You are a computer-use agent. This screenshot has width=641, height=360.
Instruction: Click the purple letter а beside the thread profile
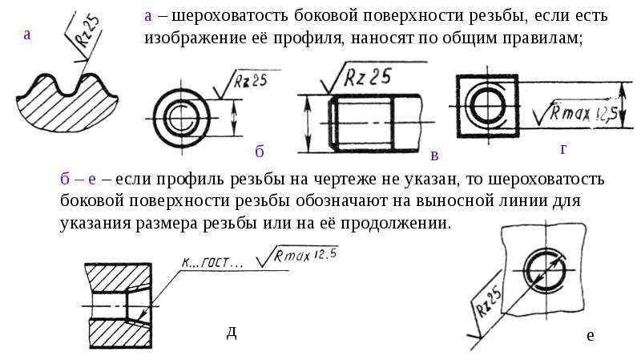pos(28,34)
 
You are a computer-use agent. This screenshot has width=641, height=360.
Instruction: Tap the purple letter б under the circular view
pos(260,151)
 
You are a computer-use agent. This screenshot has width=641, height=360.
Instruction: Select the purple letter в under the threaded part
pos(434,155)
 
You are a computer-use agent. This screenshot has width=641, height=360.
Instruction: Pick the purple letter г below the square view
pos(563,149)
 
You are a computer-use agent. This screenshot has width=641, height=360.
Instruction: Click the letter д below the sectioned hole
pos(231,332)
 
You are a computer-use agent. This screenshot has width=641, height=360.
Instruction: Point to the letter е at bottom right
pos(590,335)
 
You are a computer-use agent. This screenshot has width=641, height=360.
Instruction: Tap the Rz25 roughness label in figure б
pos(251,79)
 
